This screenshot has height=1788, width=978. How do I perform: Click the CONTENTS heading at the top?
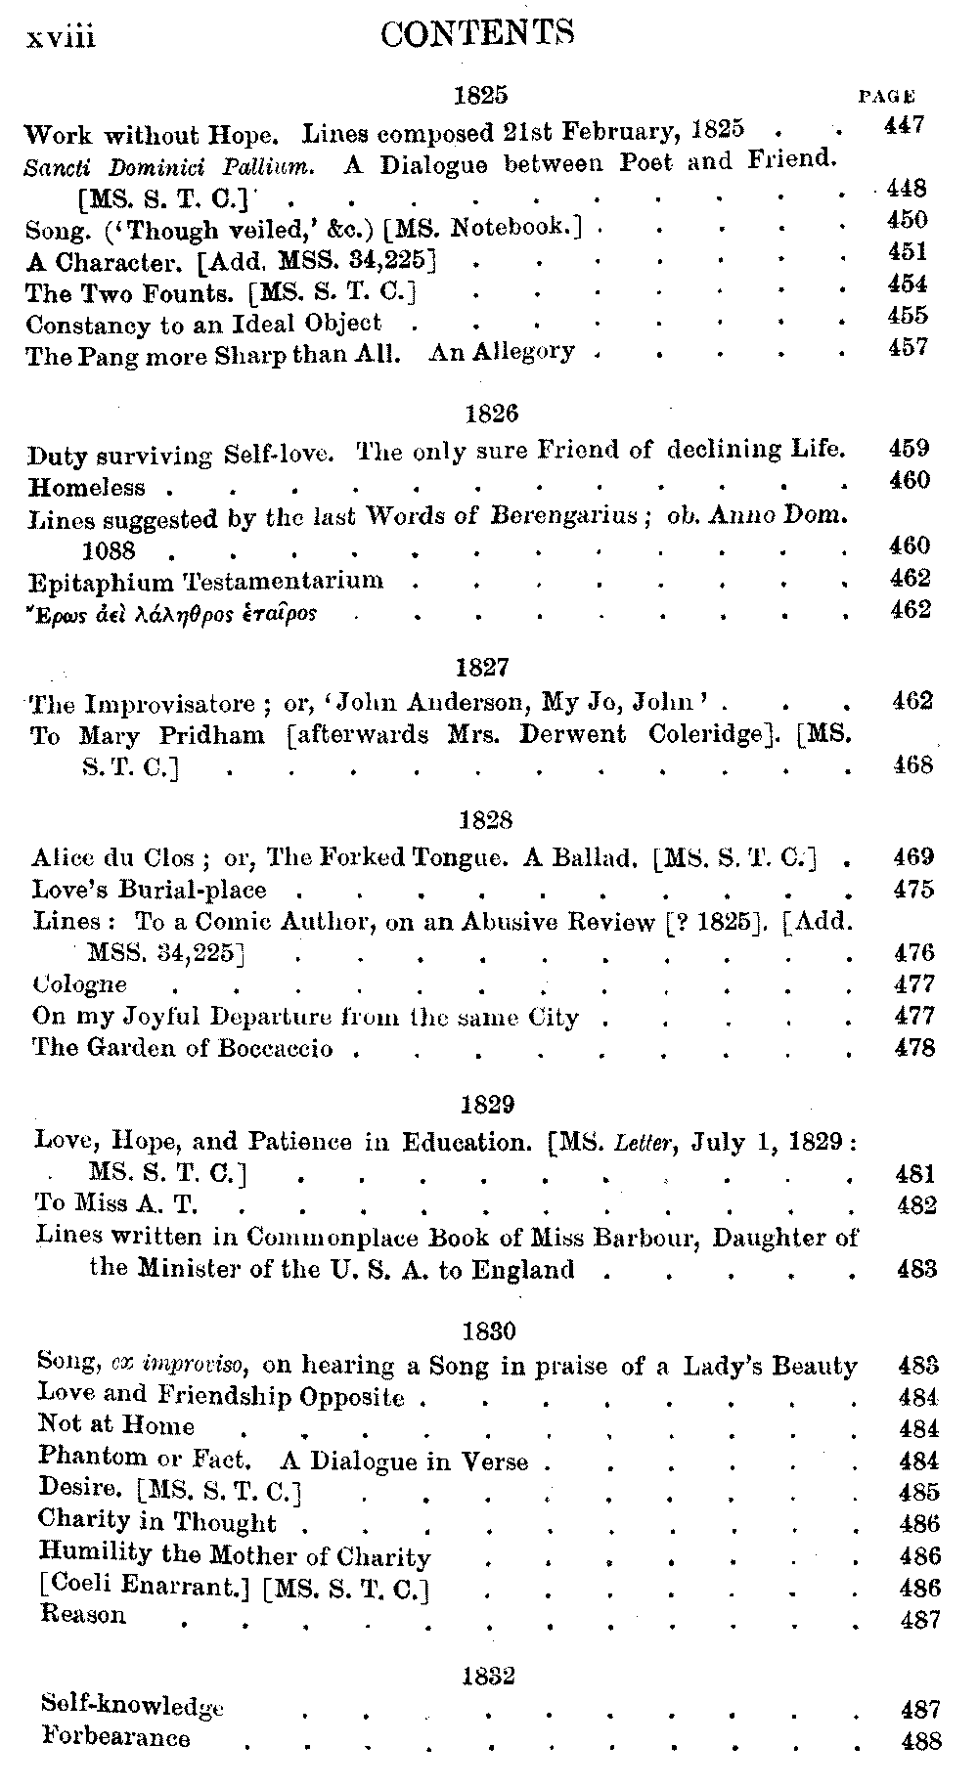(476, 35)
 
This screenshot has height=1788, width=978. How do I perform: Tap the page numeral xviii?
(61, 37)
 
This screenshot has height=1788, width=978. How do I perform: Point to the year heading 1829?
(487, 1104)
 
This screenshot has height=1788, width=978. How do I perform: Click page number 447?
(903, 125)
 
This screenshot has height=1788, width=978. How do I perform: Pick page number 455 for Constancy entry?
(907, 316)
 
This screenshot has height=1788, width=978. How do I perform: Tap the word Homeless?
(86, 487)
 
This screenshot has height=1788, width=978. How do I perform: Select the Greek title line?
(172, 614)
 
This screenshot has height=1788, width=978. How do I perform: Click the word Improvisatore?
(171, 704)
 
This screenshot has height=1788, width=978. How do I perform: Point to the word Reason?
(83, 1615)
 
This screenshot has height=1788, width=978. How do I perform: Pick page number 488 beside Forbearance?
(919, 1741)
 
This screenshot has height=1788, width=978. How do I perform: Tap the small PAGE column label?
(886, 97)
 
